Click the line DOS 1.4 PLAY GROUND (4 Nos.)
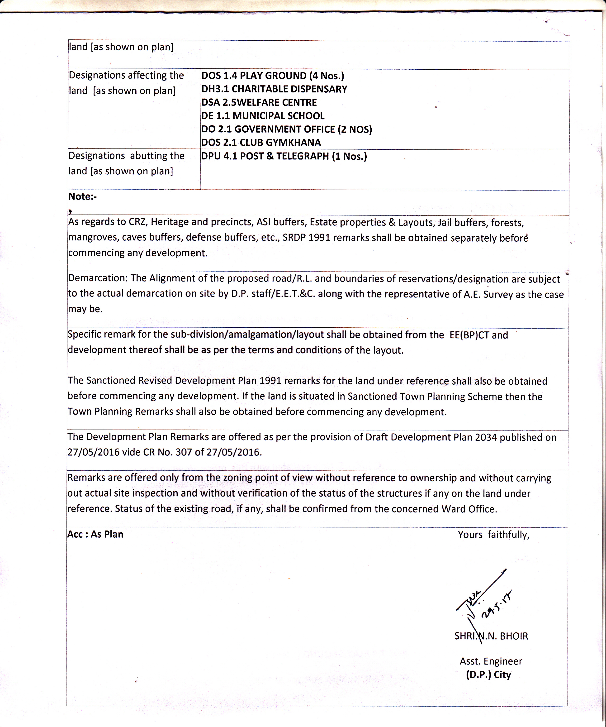(272, 76)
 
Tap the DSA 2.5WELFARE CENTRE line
(259, 102)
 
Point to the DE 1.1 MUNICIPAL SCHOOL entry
(263, 116)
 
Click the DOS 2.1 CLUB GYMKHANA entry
(261, 142)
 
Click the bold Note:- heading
(82, 197)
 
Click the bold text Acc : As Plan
(95, 534)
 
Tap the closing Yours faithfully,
(493, 535)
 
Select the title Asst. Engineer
(491, 661)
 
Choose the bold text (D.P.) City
(488, 675)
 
